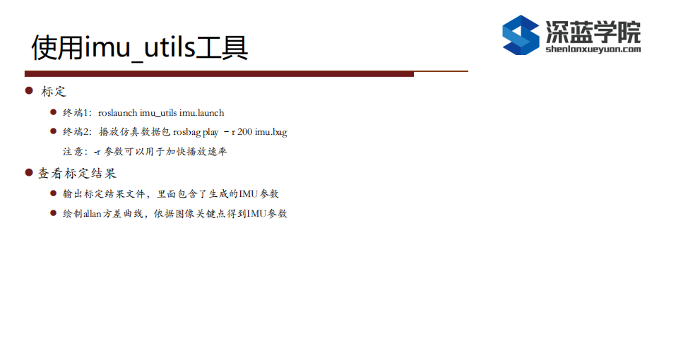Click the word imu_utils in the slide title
point(139,48)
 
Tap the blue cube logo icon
point(521,35)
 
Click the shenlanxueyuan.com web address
point(593,49)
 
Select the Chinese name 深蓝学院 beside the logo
point(593,31)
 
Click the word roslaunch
point(118,113)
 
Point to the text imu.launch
point(202,113)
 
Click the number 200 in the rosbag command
point(244,132)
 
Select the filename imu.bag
point(271,132)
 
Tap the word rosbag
point(186,132)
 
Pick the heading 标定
point(54,91)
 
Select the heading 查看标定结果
point(77,173)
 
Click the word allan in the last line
point(92,214)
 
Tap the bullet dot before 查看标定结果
point(29,173)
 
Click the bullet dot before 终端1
point(54,112)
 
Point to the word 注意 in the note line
point(73,152)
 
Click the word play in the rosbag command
point(210,132)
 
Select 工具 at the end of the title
point(222,48)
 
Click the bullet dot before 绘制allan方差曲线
point(54,212)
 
